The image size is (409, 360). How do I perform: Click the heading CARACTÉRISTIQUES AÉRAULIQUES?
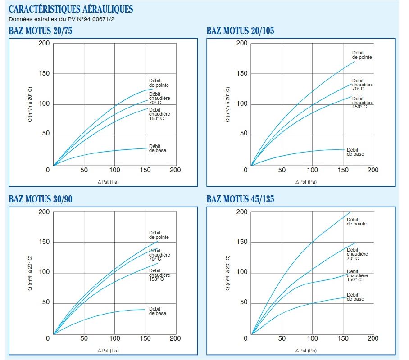71,9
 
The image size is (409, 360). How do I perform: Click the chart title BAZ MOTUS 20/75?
40,31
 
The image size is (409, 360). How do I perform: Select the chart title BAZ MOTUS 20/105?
240,31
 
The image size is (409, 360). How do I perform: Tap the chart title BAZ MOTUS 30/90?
40,199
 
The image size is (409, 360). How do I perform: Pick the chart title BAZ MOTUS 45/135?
240,199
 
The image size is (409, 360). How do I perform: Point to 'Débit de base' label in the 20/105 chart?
355,152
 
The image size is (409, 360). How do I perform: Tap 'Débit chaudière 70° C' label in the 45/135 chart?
357,254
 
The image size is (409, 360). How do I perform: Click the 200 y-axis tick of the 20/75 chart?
44,44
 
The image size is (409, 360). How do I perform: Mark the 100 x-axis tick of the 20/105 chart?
312,170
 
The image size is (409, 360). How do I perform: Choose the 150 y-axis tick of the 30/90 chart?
44,243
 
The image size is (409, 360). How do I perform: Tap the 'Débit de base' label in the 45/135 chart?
355,297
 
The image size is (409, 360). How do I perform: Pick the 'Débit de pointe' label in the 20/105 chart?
362,55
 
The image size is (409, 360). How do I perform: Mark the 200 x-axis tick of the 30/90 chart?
175,338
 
